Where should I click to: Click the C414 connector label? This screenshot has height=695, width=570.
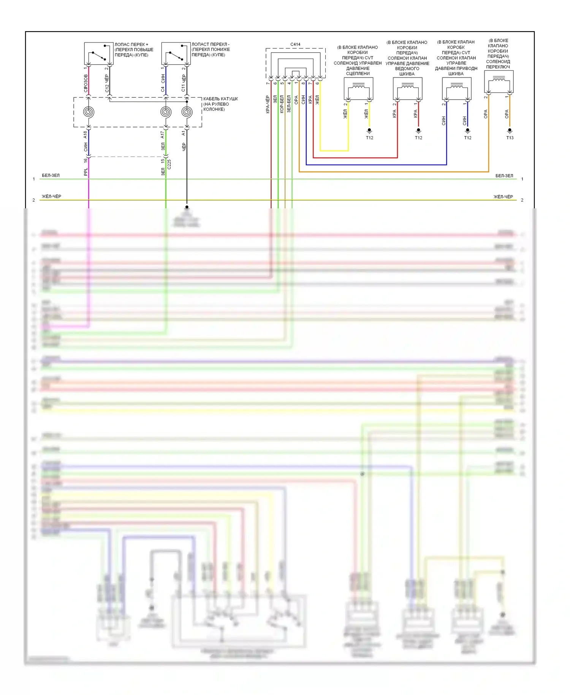tap(295, 44)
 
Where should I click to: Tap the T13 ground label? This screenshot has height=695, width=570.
tap(510, 138)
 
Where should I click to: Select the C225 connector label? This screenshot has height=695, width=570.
tap(169, 164)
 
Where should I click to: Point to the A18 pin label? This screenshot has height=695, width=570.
tap(85, 134)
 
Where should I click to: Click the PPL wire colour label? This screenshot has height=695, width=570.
tap(85, 172)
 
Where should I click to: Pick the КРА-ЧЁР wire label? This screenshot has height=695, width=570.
tap(268, 104)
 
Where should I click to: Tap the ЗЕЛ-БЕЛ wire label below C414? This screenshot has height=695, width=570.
tap(289, 104)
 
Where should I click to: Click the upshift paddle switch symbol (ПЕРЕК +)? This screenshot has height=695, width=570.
tap(98, 54)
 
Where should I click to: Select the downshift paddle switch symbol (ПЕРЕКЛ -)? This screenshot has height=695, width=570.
tap(176, 54)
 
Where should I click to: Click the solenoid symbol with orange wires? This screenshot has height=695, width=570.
tap(499, 81)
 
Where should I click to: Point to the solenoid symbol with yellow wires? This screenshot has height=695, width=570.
tap(358, 89)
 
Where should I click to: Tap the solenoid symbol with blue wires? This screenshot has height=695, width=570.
tap(457, 89)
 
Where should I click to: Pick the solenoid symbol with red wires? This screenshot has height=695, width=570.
tap(407, 89)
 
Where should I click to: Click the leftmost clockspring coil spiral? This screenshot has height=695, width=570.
tap(89, 112)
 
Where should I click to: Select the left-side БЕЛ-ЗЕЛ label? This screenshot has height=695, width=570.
tap(51, 175)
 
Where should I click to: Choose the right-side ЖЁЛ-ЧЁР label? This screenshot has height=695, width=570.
tap(503, 197)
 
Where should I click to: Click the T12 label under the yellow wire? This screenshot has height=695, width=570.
tap(369, 138)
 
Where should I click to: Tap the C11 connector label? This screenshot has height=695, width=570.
tap(184, 88)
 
